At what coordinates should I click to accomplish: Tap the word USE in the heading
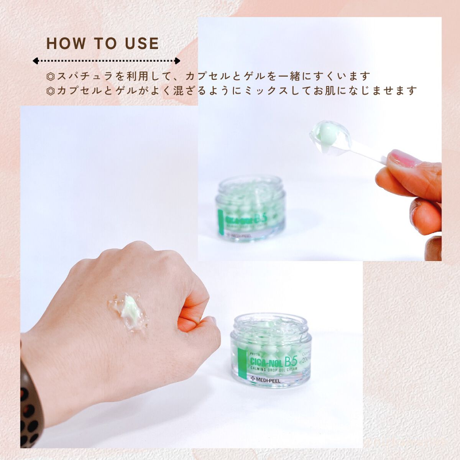[142, 44]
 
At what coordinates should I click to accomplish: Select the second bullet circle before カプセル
[50, 91]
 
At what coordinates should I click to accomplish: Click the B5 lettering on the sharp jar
[291, 361]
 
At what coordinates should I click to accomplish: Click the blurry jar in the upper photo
[251, 209]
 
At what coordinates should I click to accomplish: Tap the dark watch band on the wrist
[31, 406]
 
